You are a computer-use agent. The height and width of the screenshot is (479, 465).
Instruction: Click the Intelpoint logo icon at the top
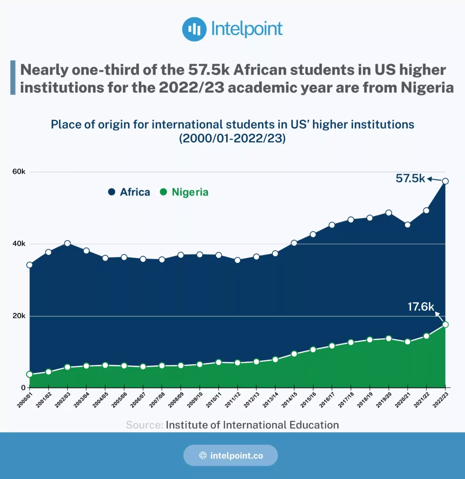pos(194,29)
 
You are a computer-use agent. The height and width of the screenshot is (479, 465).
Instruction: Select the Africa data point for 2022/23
pos(445,181)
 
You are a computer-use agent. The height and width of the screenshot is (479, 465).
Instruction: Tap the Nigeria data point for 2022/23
pos(445,325)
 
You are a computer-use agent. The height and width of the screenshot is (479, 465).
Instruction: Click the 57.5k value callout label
pos(410,178)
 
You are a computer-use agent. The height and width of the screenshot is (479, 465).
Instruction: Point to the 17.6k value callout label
pos(421,307)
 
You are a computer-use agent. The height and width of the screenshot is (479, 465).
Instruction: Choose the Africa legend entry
pos(129,192)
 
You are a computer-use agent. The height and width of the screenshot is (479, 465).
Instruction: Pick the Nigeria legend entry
pos(184,192)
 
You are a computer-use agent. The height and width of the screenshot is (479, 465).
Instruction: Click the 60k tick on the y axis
pos(19,172)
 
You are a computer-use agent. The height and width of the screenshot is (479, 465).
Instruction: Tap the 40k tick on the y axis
pos(19,244)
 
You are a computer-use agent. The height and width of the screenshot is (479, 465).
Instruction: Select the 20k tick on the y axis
pos(19,316)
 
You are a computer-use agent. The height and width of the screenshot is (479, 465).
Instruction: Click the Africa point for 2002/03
pos(67,243)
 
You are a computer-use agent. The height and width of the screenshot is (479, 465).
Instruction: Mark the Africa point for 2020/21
pos(407,225)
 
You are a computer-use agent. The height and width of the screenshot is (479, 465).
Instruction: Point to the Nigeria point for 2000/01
pos(29,374)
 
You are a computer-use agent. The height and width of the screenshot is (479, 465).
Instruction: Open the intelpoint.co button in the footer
pos(230,455)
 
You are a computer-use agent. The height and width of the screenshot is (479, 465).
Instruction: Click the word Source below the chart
pos(145,425)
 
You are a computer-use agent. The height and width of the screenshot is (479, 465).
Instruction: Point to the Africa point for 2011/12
pos(238,260)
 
